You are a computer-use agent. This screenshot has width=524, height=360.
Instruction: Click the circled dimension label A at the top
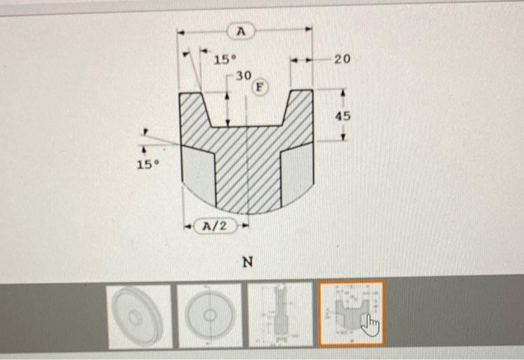tap(240, 31)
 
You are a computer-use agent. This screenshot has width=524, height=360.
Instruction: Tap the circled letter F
tap(260, 87)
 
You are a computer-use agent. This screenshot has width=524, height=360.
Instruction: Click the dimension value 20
tap(342, 59)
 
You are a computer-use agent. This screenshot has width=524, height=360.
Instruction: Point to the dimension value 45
tap(343, 117)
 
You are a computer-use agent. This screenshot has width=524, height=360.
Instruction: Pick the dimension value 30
tap(243, 76)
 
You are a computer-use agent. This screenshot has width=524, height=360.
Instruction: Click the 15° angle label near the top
tap(225, 59)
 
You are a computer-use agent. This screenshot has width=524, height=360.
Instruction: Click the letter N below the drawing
tap(247, 263)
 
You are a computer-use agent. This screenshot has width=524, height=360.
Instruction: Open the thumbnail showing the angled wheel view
tap(138, 315)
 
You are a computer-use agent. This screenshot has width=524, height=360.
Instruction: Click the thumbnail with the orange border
tap(350, 314)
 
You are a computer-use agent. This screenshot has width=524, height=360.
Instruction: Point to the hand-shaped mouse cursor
tap(371, 325)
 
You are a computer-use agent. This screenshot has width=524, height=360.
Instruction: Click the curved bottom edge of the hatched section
tap(247, 212)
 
